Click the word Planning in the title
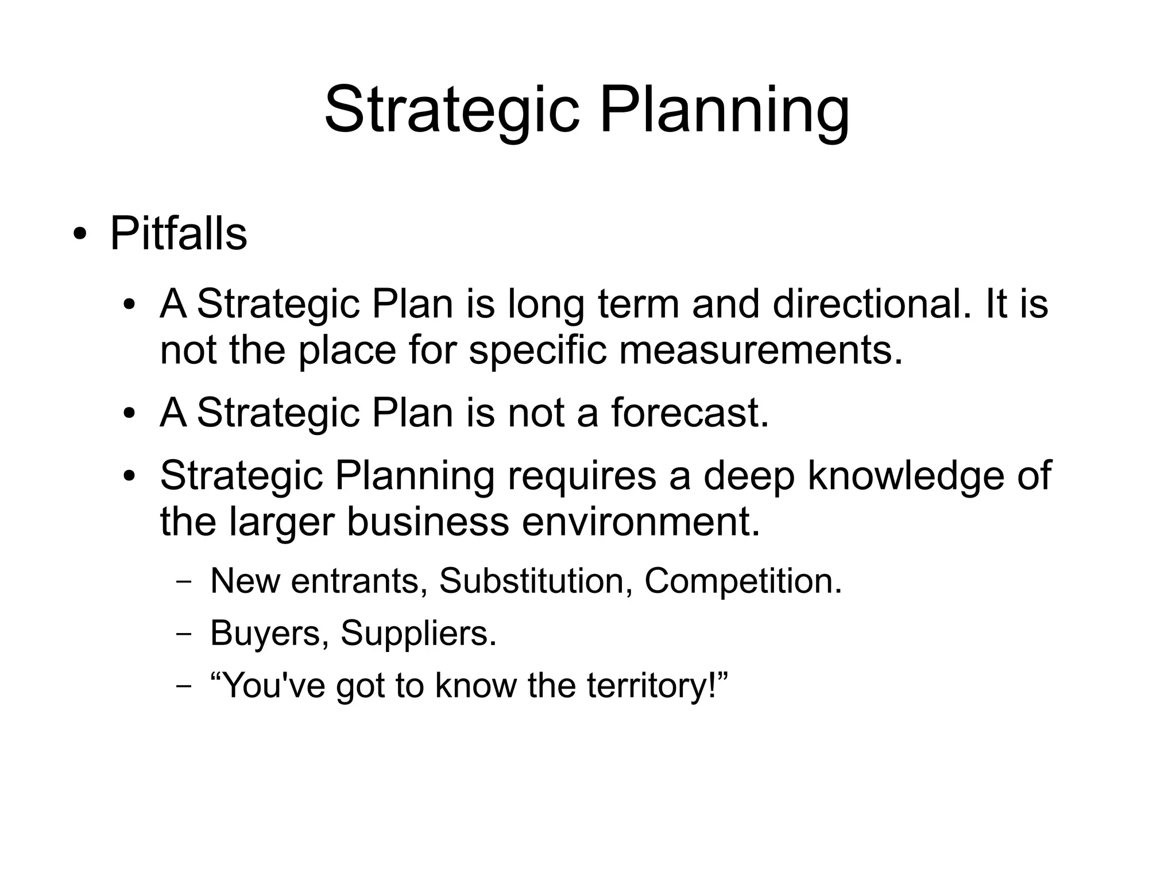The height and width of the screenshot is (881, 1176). pyautogui.click(x=724, y=110)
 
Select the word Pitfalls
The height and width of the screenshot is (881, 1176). pyautogui.click(x=178, y=234)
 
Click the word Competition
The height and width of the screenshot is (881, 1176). pyautogui.click(x=742, y=580)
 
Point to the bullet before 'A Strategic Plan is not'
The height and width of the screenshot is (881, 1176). pyautogui.click(x=130, y=413)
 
